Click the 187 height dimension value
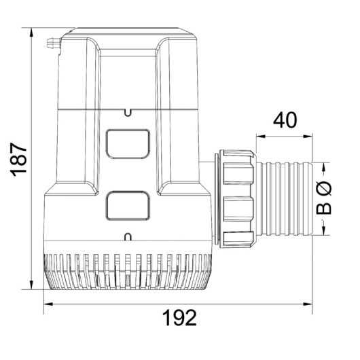(19, 160)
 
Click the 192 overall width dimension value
(179, 318)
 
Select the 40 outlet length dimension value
(285, 120)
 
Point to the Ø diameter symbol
(324, 188)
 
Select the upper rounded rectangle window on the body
(128, 144)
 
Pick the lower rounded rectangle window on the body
(128, 206)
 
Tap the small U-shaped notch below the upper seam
(128, 113)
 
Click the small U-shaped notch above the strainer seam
(128, 237)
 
